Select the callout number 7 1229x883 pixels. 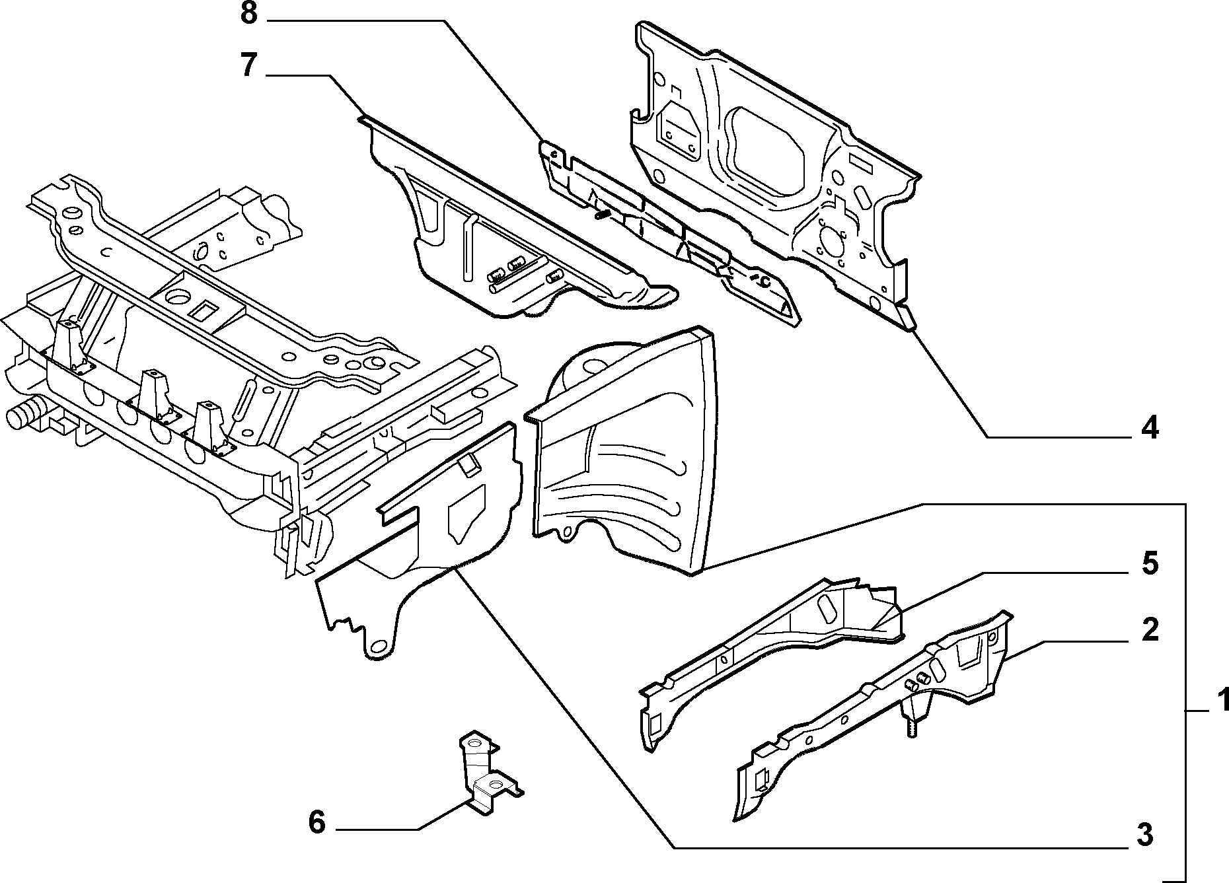click(x=248, y=67)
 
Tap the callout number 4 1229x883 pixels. click(x=1150, y=429)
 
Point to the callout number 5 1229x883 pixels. click(x=1150, y=564)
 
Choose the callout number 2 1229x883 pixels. click(x=1150, y=629)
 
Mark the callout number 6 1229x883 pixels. click(x=317, y=823)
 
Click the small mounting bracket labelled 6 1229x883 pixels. click(x=488, y=774)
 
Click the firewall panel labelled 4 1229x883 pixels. click(x=773, y=165)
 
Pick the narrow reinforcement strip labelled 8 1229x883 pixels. click(x=667, y=231)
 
